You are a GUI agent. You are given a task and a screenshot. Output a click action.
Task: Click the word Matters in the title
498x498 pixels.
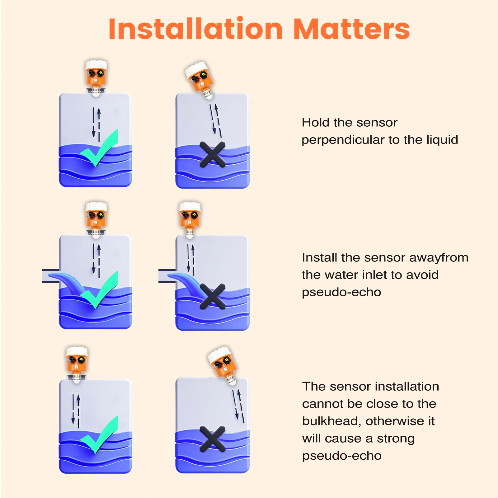[351, 29]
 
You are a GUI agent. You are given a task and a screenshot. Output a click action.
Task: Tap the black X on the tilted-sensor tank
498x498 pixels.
[213, 154]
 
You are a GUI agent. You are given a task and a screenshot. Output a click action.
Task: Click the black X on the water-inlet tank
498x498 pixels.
[213, 296]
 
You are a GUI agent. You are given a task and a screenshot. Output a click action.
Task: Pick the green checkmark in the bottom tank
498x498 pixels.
[99, 435]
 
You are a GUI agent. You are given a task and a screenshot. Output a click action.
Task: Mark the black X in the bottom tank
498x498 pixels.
[213, 439]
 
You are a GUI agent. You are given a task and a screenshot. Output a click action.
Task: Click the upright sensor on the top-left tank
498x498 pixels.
[96, 78]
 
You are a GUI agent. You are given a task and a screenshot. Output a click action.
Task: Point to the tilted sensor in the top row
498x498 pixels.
[200, 80]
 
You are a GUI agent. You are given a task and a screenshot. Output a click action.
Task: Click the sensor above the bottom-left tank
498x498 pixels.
[77, 364]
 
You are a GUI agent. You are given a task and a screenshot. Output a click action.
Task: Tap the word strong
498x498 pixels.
[396, 439]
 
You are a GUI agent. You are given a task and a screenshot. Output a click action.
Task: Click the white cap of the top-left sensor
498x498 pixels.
[96, 65]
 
